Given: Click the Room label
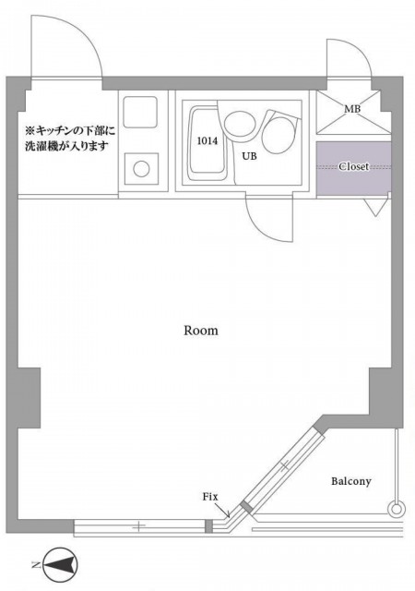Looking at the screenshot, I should [200, 330].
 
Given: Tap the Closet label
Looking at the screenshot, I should [354, 167].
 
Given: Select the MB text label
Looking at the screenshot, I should [352, 110].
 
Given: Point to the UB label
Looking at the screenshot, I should [250, 156].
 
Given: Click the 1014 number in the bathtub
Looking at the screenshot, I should [207, 141].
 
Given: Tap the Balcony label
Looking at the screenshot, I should [350, 481].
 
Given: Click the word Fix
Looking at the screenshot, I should [209, 497].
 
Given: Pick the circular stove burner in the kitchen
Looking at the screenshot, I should [142, 170].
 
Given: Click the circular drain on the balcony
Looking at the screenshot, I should [397, 508].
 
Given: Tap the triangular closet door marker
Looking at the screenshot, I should [375, 208].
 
